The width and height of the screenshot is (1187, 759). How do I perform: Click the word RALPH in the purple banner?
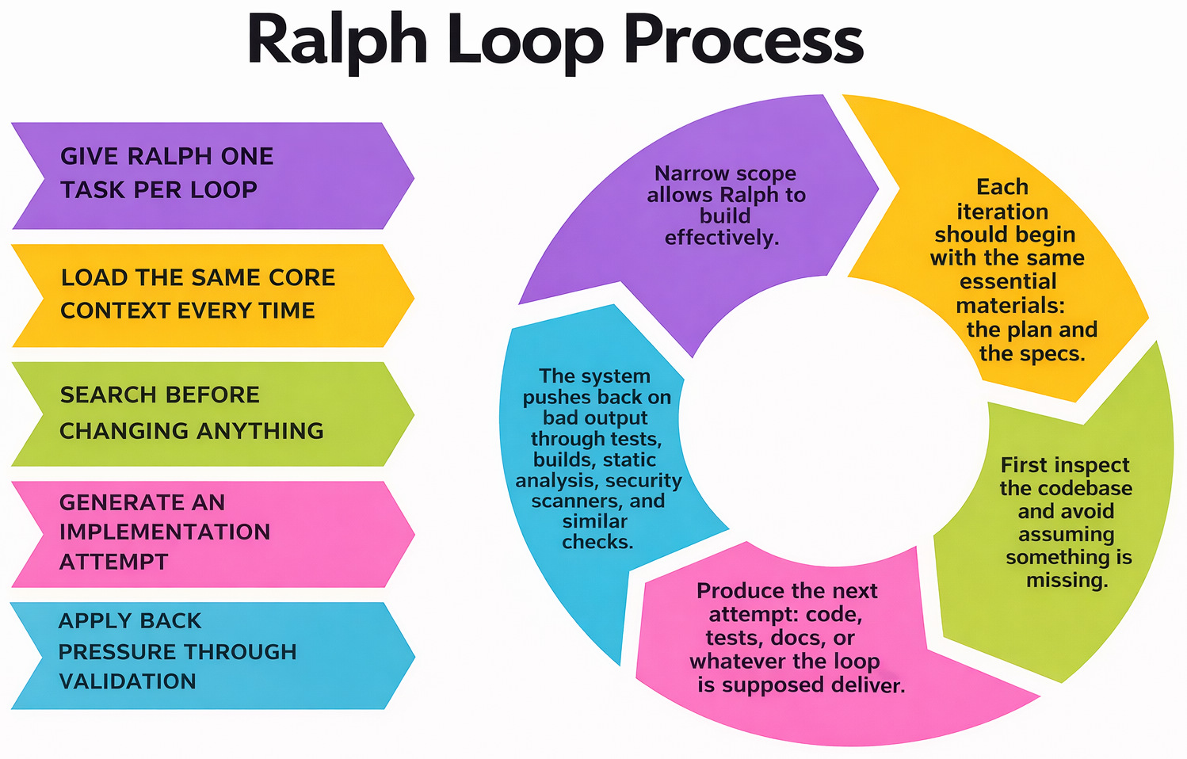tap(172, 156)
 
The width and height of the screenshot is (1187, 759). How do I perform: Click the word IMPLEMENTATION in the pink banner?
tap(165, 532)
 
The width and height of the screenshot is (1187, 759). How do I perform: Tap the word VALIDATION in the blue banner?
tap(128, 681)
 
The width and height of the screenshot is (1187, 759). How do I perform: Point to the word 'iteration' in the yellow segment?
tap(1002, 212)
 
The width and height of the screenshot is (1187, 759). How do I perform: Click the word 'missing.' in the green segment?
tap(1067, 581)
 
